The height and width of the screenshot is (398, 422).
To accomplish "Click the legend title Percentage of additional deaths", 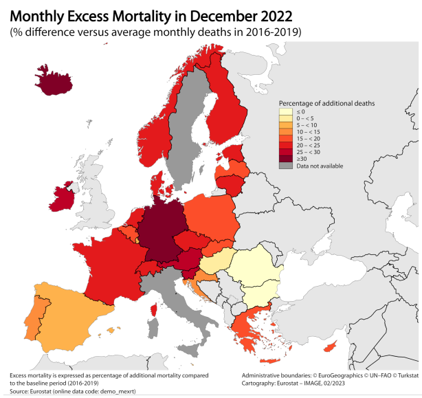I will point(326,103).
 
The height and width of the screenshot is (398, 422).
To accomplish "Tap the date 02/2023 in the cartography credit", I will point(346,384).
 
